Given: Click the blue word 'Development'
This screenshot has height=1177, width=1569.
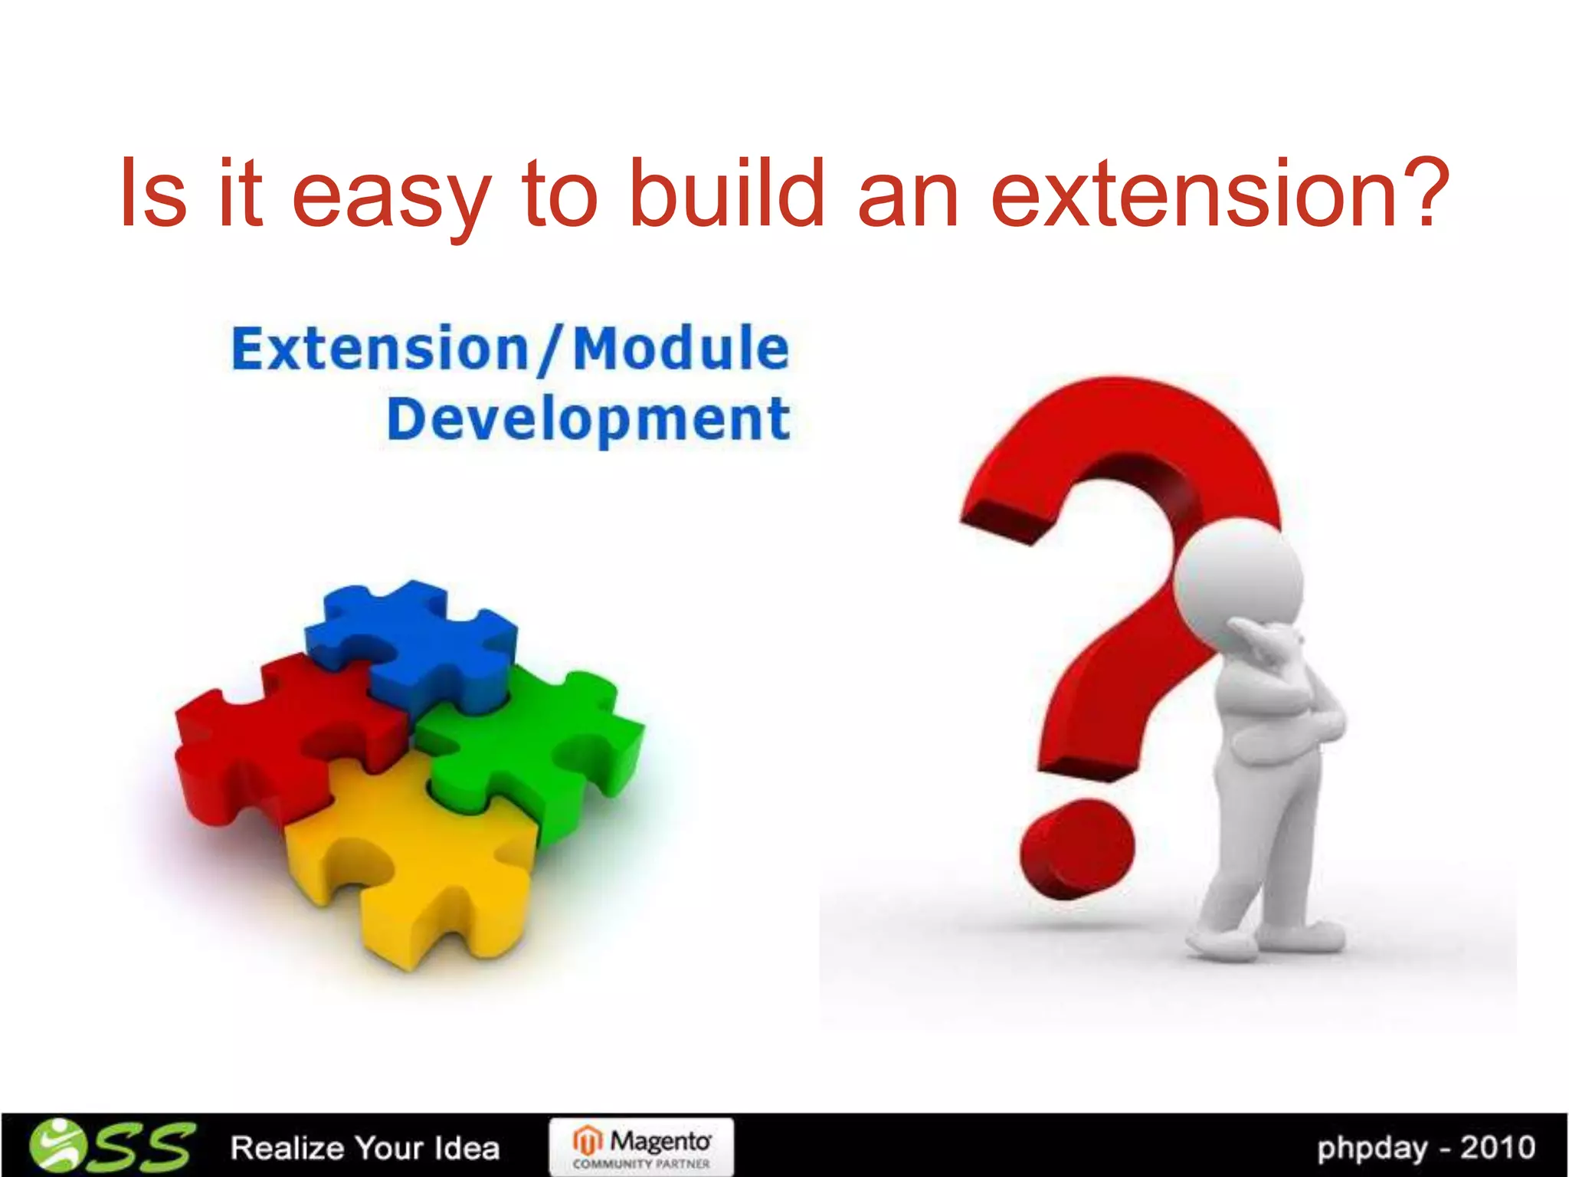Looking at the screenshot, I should [588, 419].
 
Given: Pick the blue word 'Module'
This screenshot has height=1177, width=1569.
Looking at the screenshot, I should [681, 349].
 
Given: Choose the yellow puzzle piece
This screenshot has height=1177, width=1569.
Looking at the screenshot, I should [414, 866].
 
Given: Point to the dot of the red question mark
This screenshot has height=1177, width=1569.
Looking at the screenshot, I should [1076, 847].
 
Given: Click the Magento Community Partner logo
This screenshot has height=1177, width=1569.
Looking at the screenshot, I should [641, 1147].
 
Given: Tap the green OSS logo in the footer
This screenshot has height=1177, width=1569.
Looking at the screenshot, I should [111, 1146].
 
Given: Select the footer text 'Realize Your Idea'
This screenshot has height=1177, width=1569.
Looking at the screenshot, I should [365, 1148].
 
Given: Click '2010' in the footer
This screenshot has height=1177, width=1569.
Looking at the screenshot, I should [1497, 1147].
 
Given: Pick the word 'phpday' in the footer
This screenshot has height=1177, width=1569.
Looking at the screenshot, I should [1372, 1148].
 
